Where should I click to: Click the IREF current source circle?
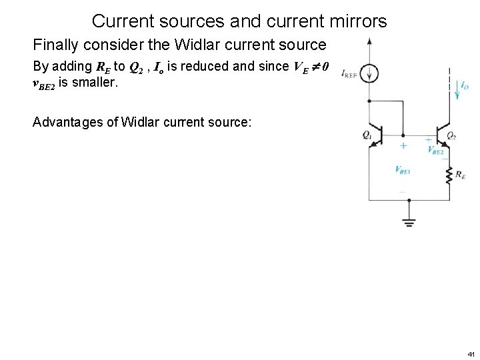coord(370,73)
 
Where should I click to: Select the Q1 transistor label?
coord(367,135)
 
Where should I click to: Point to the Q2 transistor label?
coord(451,135)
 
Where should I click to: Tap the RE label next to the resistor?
coord(460,175)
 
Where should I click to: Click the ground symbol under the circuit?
coord(409,222)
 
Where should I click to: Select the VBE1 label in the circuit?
coord(403,170)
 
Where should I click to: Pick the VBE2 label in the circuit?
coord(436,150)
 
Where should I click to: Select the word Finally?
coord(55,45)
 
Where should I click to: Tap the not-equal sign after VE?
coord(315,67)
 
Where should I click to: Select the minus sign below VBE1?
coord(402,191)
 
